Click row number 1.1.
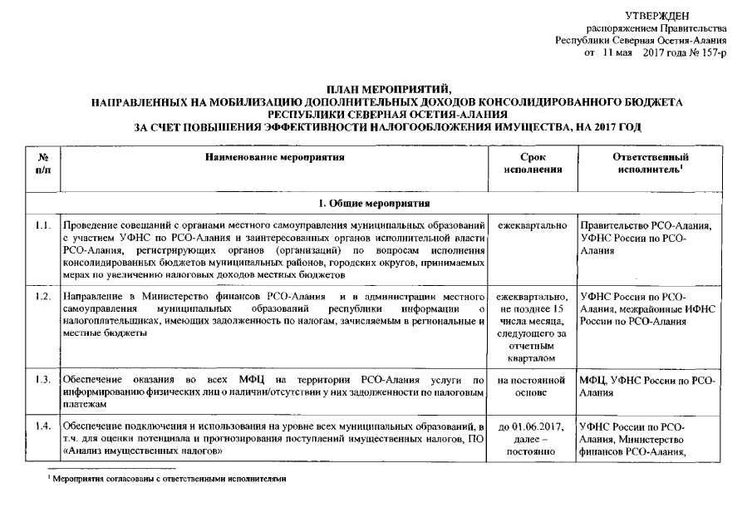pyautogui.click(x=43, y=225)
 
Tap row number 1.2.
pyautogui.click(x=43, y=296)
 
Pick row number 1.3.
pyautogui.click(x=43, y=380)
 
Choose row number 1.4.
pyautogui.click(x=43, y=426)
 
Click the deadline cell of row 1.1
pyautogui.click(x=532, y=225)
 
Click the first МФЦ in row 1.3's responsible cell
pyautogui.click(x=593, y=380)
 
